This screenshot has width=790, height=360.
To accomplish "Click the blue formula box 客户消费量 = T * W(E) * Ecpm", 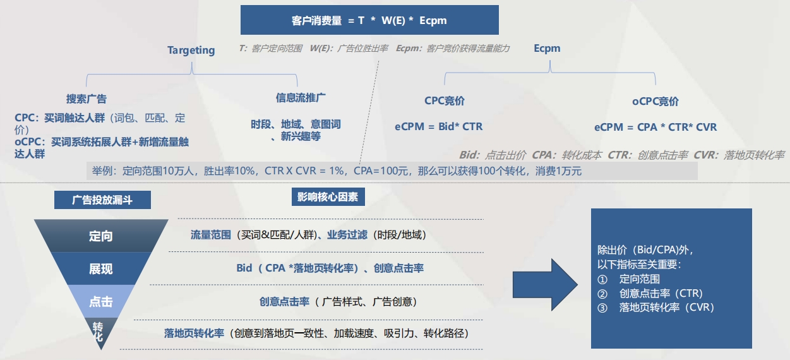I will pos(369,20).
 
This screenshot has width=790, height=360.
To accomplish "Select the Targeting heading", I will pos(191,50).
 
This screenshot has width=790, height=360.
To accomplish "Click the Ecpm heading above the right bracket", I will pos(547,48).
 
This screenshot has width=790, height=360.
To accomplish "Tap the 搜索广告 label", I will pos(87,99).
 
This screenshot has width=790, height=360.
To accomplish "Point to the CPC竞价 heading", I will pos(445,101).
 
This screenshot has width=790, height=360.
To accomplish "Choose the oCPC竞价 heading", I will pos(655,101).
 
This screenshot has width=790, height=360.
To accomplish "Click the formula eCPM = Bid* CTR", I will pos(439,126).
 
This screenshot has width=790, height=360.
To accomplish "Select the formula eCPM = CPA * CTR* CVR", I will pos(655,127).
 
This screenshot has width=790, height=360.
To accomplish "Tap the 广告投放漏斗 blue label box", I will pos(102,200).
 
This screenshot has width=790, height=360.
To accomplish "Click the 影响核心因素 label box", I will pos(328,197).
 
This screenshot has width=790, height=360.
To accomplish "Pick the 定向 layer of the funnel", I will pos(101,236).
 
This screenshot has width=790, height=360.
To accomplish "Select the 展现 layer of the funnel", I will pos(101,269).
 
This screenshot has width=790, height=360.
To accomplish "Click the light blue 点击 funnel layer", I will pos(101,302).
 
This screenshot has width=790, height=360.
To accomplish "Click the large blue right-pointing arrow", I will pos(544,284).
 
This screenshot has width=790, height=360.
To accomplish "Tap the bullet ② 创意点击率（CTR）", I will pos(650,293).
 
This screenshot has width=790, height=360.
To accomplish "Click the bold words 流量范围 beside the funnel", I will pos(211,235).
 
